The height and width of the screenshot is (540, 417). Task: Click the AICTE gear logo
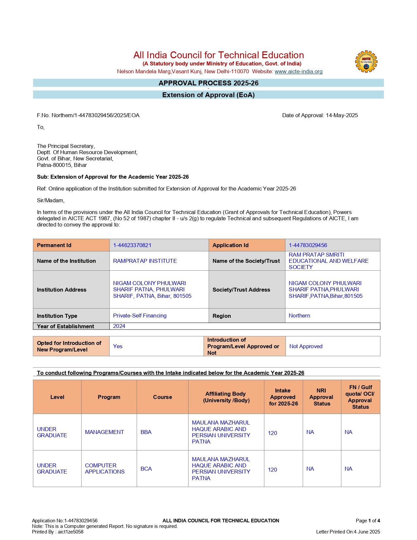pos(366,62)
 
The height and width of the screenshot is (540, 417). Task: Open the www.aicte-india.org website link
pos(298,71)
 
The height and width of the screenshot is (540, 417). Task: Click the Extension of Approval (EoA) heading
pos(208,95)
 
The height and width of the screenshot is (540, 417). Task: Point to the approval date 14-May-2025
pos(342,115)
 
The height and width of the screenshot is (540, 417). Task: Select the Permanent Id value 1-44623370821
pos(132,245)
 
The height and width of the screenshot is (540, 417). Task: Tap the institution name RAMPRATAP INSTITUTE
pos(145,261)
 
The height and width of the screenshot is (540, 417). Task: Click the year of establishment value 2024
pos(119,326)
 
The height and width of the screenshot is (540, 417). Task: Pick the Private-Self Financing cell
pos(140,315)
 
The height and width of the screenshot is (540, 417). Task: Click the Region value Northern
pos(299,315)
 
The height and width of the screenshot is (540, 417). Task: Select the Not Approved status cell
pos(306,346)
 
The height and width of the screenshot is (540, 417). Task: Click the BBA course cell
pos(146,432)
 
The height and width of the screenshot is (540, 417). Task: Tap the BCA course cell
pos(146,469)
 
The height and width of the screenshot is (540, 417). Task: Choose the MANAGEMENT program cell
pos(104,432)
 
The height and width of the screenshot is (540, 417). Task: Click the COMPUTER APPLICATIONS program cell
pos(105,469)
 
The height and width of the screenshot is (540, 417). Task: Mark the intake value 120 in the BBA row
pos(272,433)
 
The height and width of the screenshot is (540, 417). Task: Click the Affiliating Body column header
pos(226,397)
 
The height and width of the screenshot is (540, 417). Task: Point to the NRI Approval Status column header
pos(321,397)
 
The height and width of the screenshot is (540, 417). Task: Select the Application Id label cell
pos(231,245)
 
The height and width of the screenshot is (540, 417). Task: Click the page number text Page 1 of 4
pos(368,521)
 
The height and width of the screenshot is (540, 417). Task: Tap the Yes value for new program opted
pos(118,346)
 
